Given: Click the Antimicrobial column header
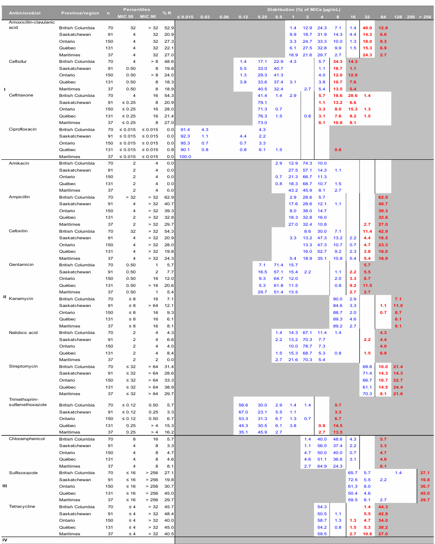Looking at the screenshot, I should click(24, 13).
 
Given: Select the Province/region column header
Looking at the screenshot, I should click(80, 13).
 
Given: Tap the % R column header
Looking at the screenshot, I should click(167, 13).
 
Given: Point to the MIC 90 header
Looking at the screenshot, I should click(148, 17).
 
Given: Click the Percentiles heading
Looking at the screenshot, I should click(136, 10).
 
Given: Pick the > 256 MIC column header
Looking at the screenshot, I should click(425, 17).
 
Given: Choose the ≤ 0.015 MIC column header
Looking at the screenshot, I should click(185, 17).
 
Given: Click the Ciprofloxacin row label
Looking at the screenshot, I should click(23, 129).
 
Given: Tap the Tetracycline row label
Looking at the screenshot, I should click(22, 506).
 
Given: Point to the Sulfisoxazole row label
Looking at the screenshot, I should click(23, 473).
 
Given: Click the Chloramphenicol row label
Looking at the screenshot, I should click(27, 439).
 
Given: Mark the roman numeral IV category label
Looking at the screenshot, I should click(5, 540).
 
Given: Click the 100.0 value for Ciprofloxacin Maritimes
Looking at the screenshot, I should click(185, 157).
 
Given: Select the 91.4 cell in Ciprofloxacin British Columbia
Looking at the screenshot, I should click(185, 130).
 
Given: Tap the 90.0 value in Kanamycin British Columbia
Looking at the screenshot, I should click(338, 299).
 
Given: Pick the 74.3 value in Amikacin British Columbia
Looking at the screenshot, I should click(307, 163).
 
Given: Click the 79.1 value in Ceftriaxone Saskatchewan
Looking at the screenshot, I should click(262, 103).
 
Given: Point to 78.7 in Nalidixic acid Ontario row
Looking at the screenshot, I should click(307, 346).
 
